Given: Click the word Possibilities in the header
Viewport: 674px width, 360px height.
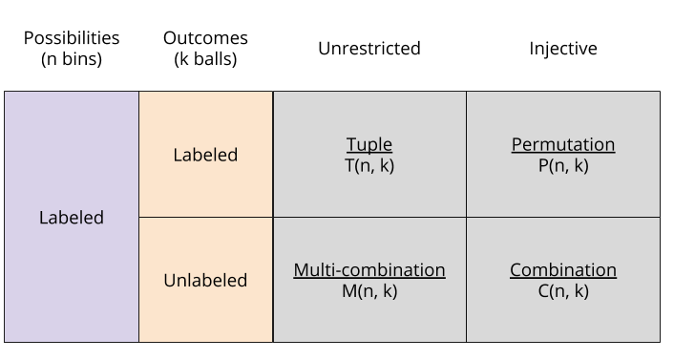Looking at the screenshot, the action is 72,38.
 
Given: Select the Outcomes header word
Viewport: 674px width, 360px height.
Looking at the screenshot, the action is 205,38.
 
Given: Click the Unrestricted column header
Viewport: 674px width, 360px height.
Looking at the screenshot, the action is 369,48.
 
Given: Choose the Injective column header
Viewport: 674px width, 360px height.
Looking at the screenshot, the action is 563,48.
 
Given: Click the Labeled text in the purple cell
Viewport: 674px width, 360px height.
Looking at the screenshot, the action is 72,218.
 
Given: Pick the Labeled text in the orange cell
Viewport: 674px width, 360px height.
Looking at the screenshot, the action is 205,155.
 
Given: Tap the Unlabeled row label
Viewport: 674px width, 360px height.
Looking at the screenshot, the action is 205,281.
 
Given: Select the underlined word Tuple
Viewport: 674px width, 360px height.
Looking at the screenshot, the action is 369,145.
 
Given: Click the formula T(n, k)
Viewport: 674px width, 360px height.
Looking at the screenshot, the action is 369,165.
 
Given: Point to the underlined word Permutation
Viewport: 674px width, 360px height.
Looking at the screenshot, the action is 563,145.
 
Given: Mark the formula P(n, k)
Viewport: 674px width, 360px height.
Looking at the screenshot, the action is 563,165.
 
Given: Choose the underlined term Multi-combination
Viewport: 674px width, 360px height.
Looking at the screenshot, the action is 369,270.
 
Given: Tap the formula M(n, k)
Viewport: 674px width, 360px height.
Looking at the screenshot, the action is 369,291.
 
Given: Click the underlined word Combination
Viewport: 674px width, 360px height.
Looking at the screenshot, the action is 563,270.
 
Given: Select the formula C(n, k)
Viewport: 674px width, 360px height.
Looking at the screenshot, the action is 563,291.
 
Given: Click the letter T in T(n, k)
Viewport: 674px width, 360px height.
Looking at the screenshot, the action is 348,165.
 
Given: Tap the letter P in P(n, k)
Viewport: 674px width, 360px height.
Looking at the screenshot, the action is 543,165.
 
